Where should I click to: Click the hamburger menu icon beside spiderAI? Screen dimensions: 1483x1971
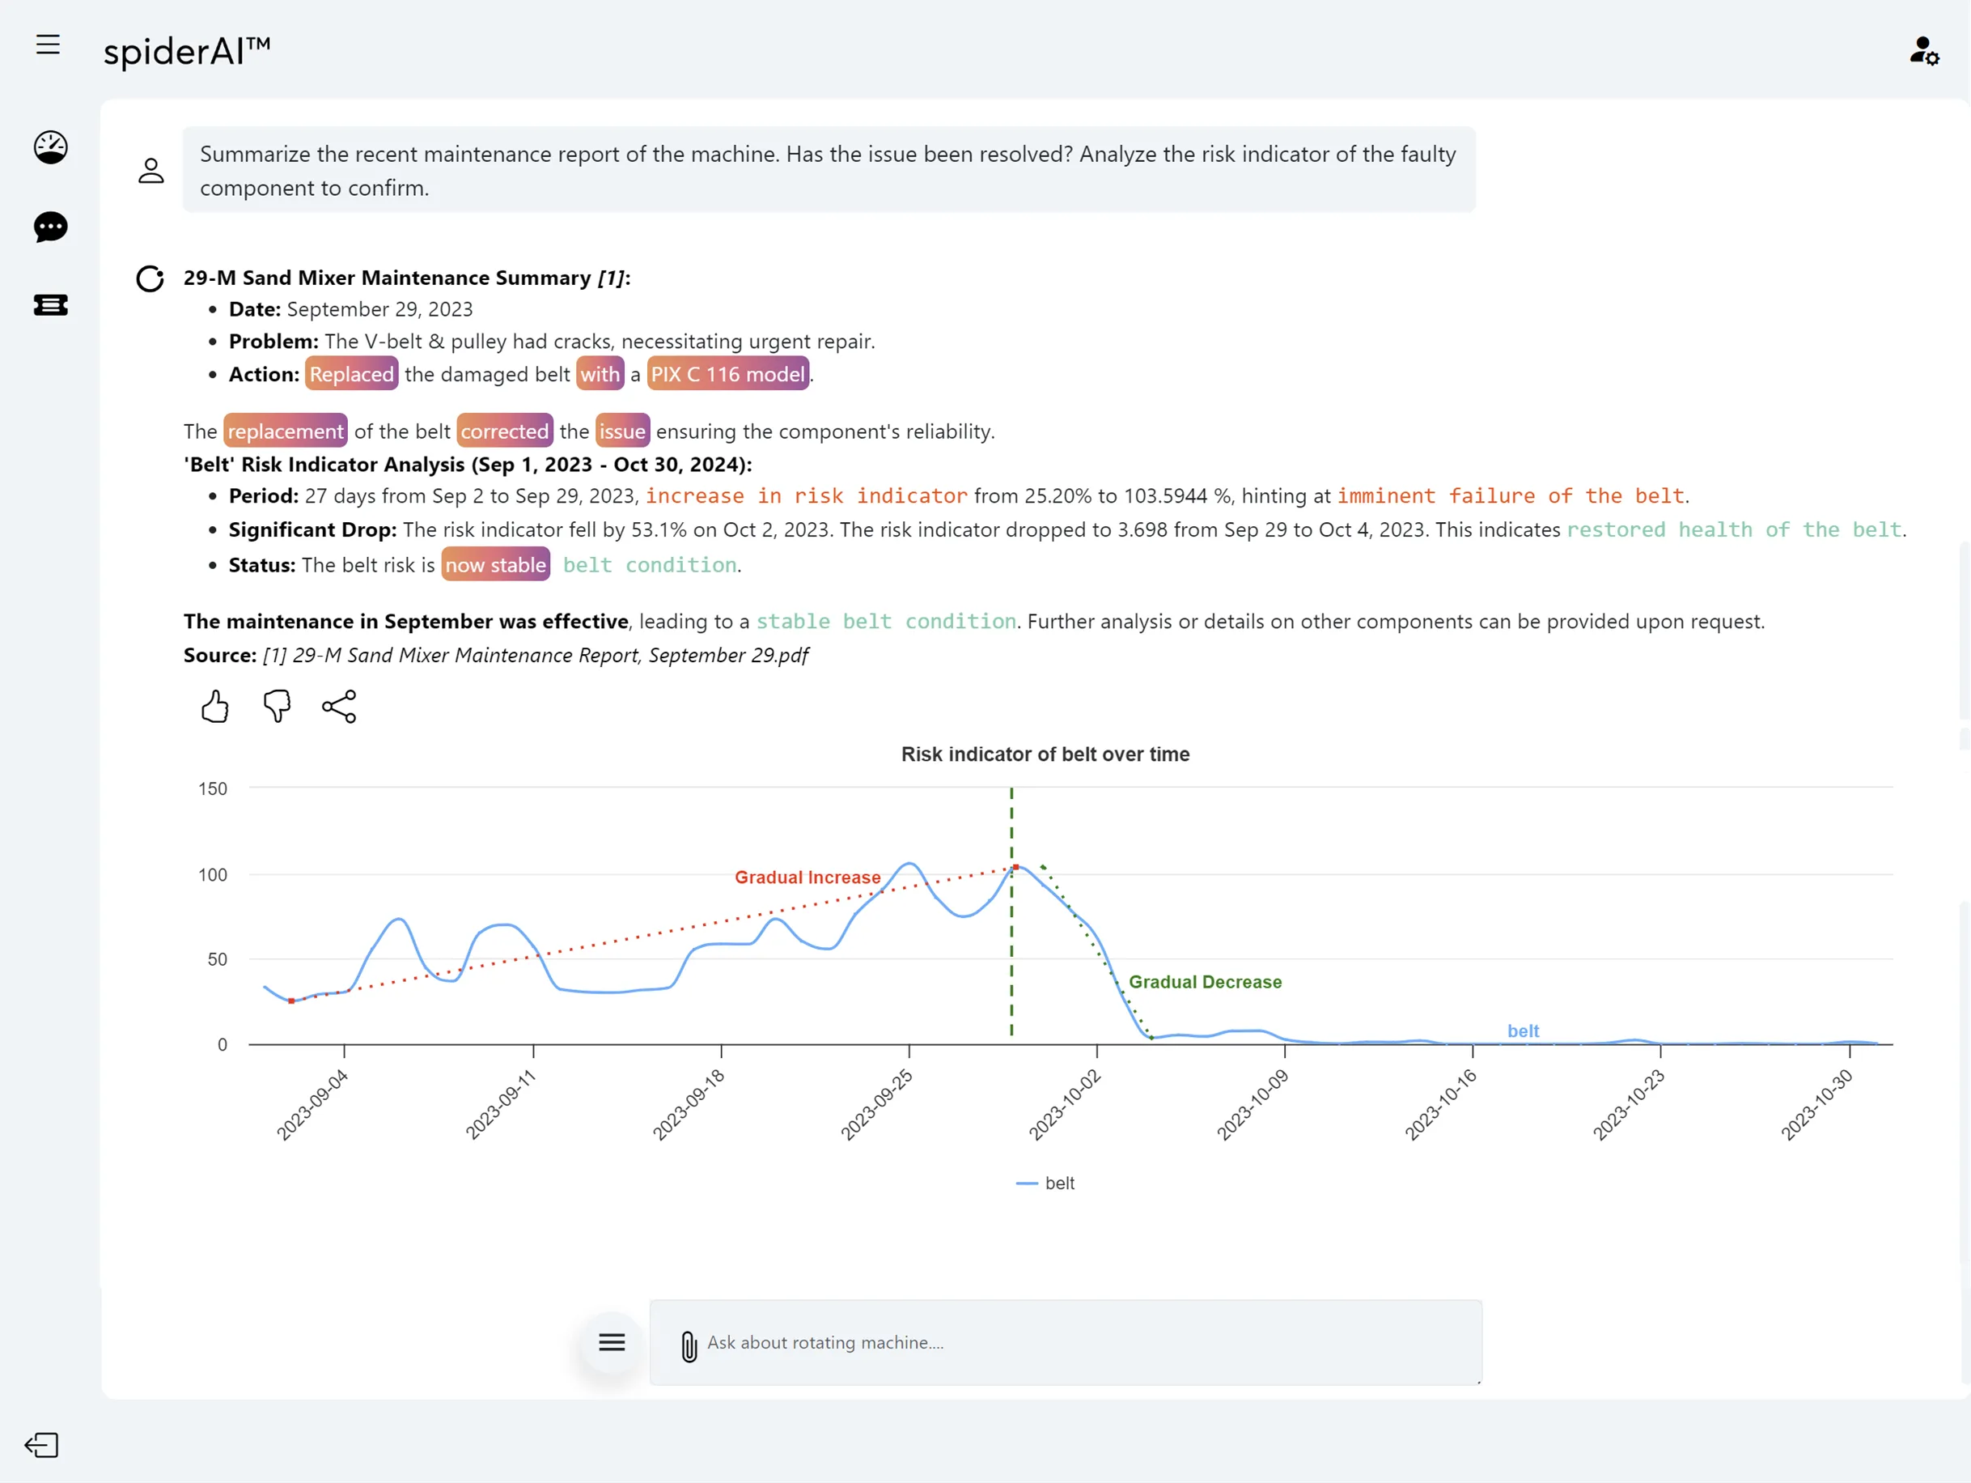(x=48, y=45)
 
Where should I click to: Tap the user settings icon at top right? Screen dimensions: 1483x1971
(x=1923, y=51)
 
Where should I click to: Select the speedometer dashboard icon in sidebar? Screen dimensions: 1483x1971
(x=51, y=147)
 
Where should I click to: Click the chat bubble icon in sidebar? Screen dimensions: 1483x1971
(x=51, y=227)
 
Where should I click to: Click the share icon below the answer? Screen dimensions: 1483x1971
(x=338, y=707)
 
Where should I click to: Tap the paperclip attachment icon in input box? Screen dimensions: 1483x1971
(x=689, y=1345)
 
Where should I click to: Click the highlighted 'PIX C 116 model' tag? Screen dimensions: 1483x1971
(x=727, y=374)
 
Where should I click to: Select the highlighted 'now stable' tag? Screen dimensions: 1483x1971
(x=495, y=565)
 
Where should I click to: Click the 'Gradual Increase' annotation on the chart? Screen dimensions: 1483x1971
(x=807, y=877)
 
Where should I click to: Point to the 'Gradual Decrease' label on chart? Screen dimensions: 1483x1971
(x=1205, y=981)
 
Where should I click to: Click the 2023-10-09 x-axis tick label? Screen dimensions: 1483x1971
(x=1253, y=1106)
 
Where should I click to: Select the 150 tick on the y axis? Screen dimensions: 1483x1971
(x=212, y=788)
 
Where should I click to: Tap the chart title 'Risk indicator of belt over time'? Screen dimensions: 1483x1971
(x=1045, y=754)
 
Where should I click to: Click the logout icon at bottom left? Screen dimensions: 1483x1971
(x=42, y=1445)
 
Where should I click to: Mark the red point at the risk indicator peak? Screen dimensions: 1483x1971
(x=1015, y=867)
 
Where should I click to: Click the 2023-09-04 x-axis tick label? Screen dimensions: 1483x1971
(x=312, y=1106)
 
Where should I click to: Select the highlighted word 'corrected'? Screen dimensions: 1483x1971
(x=504, y=431)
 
